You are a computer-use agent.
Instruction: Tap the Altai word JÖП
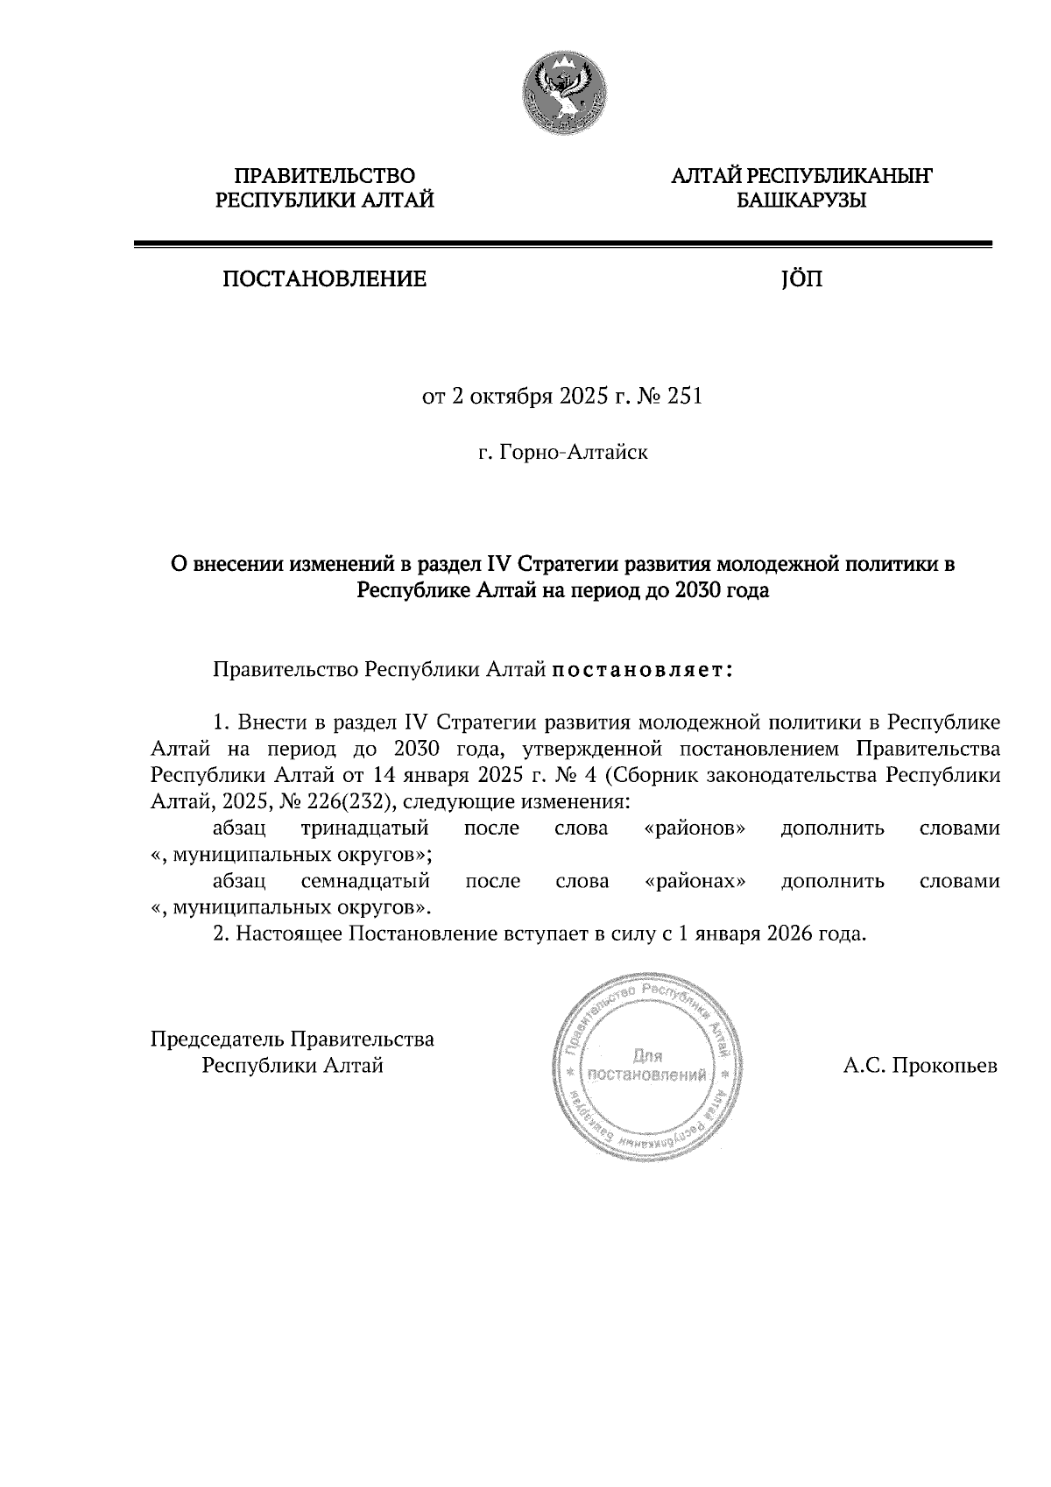point(801,280)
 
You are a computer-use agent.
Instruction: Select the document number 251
point(685,398)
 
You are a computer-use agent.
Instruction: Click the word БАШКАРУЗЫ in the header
point(801,201)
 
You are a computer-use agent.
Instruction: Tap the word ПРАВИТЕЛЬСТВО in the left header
point(326,177)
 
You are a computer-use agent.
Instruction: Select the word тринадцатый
point(364,828)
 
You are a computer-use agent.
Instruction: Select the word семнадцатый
point(365,881)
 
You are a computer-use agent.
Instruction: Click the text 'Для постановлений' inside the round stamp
point(648,1066)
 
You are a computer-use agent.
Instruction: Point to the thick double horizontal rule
point(563,245)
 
